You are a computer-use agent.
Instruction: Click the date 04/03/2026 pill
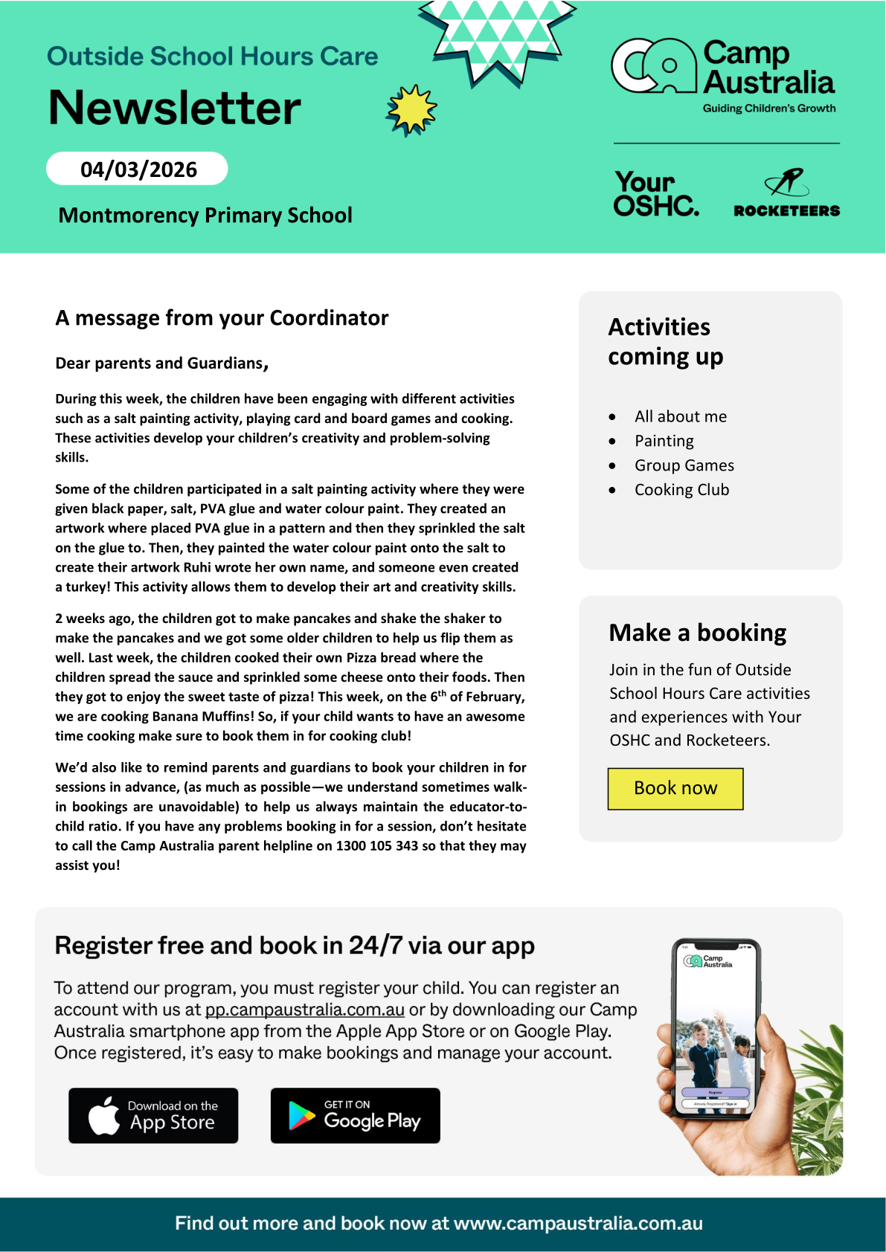click(138, 169)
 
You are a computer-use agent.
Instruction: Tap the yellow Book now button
click(675, 788)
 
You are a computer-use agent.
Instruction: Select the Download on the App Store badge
click(153, 1115)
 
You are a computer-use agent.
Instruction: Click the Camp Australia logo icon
click(653, 66)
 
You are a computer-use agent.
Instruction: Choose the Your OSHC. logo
click(655, 194)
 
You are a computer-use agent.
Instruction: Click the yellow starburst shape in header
click(411, 110)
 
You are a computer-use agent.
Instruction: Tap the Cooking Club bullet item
click(681, 490)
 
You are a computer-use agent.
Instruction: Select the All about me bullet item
click(680, 416)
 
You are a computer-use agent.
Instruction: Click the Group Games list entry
click(684, 465)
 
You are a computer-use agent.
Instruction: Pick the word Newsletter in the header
click(175, 108)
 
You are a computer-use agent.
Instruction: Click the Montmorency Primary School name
click(205, 215)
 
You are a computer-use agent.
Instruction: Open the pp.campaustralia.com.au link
click(305, 1010)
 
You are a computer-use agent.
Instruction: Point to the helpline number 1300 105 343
click(377, 846)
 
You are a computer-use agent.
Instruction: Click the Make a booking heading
click(697, 633)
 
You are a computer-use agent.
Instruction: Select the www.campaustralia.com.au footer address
click(578, 1224)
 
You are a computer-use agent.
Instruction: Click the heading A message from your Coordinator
click(222, 318)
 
